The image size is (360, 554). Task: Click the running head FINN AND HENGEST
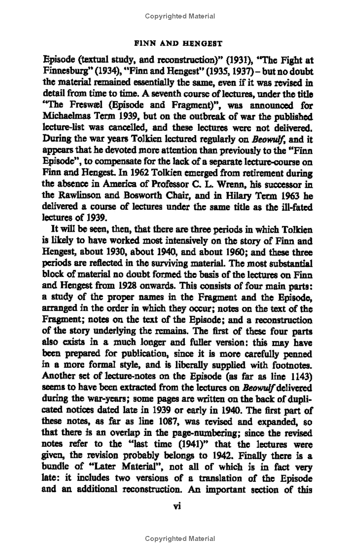click(x=180, y=44)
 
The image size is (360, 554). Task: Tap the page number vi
click(x=177, y=506)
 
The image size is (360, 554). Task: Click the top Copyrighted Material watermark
click(x=180, y=16)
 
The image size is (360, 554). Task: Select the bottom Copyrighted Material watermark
click(x=180, y=539)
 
